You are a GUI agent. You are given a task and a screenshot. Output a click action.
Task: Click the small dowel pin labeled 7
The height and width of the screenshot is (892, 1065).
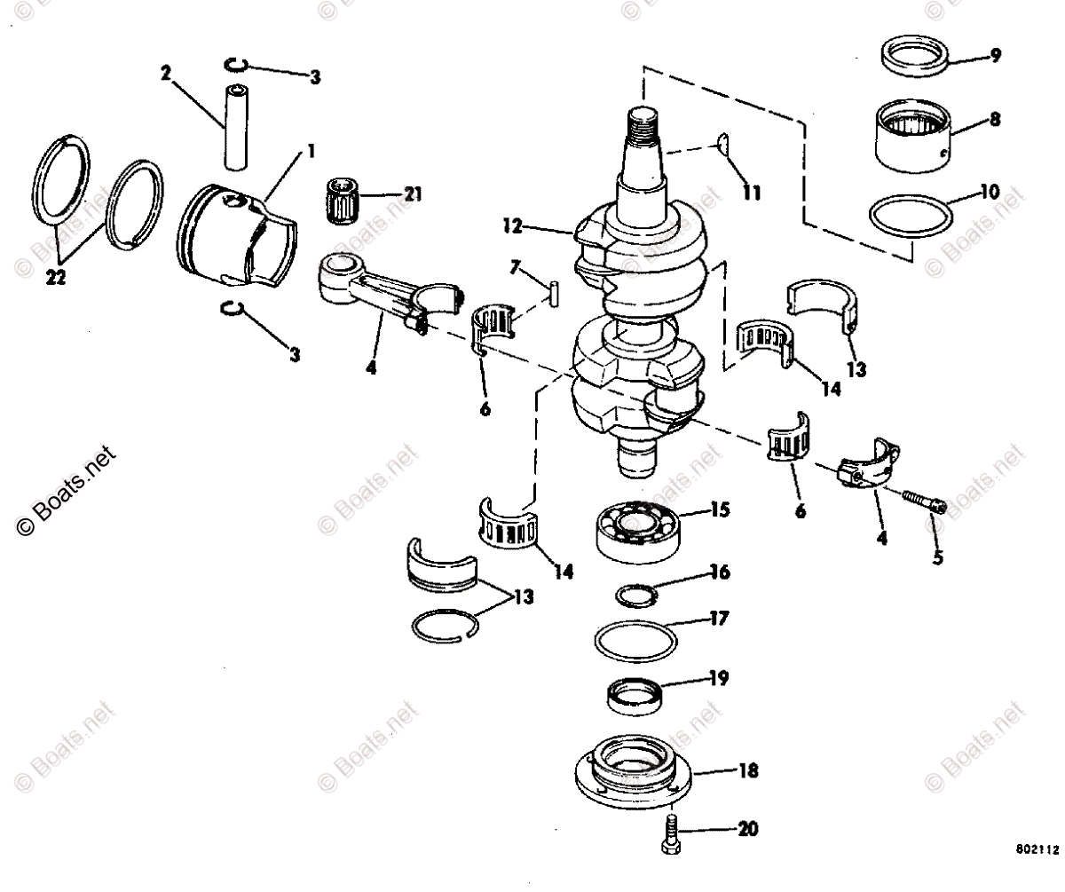(x=552, y=293)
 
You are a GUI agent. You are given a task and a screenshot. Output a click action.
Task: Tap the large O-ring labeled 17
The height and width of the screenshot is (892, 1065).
(x=634, y=642)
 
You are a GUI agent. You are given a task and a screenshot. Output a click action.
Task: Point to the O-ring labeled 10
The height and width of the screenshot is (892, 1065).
(x=914, y=215)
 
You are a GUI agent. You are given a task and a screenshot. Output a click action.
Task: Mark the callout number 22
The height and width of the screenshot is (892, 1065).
(x=57, y=279)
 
